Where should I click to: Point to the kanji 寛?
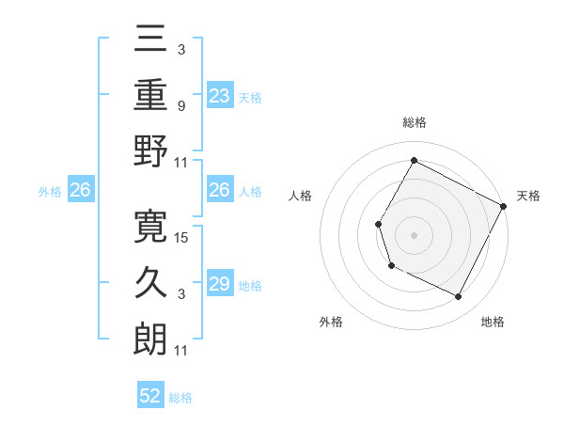point(150,226)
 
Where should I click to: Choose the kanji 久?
point(150,282)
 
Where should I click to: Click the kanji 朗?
point(150,339)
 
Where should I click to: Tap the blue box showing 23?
point(220,95)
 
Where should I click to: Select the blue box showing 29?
point(220,285)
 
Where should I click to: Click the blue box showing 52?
point(150,397)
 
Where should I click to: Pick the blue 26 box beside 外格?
point(81,191)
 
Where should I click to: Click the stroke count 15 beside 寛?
point(182,237)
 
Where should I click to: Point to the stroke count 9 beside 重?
point(180,105)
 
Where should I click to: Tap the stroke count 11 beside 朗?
point(181,351)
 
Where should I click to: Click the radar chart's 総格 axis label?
point(414,122)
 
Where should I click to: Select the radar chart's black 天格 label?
point(528,196)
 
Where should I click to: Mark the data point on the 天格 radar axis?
point(503,205)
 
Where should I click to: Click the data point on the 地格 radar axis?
point(458,297)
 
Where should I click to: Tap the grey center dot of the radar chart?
point(414,234)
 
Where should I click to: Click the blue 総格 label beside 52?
point(180,398)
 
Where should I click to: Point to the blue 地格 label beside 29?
point(250,286)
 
